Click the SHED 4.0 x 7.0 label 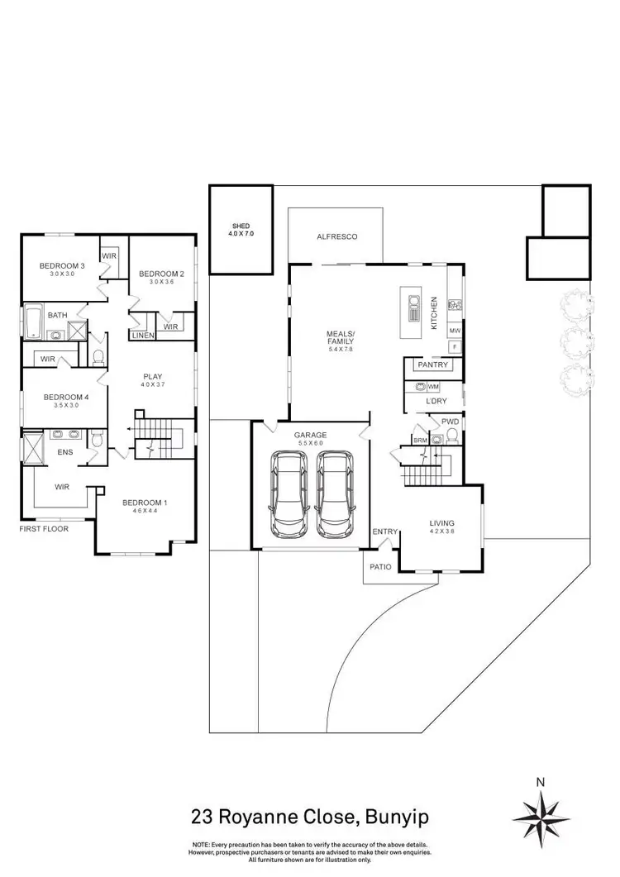point(241,230)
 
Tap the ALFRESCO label point(336,237)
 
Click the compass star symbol point(541,814)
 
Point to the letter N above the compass point(541,781)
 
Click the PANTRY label point(433,365)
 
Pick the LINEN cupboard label point(141,335)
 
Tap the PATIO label point(380,568)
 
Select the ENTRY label point(384,531)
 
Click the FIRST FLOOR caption point(45,528)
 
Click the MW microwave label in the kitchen point(454,331)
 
